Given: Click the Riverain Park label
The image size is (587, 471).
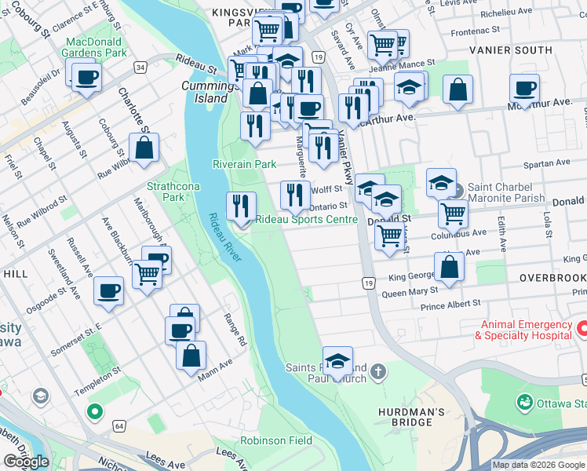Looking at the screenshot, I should [x=244, y=164].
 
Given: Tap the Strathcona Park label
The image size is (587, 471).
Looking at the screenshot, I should [x=165, y=192].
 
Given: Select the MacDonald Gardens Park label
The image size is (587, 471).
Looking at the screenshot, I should [x=96, y=47].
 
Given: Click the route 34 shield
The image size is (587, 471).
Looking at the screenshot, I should [x=140, y=68].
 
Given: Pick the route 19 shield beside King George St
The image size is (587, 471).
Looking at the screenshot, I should [x=367, y=282].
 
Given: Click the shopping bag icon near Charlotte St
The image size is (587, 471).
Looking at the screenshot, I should [x=144, y=147].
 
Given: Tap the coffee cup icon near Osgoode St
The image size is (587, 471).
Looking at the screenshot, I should [x=108, y=290].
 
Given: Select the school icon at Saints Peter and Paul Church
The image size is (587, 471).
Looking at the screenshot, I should [x=337, y=361].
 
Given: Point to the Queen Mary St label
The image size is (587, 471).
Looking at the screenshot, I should [x=410, y=294].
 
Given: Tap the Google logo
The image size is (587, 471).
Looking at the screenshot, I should [x=26, y=462].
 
